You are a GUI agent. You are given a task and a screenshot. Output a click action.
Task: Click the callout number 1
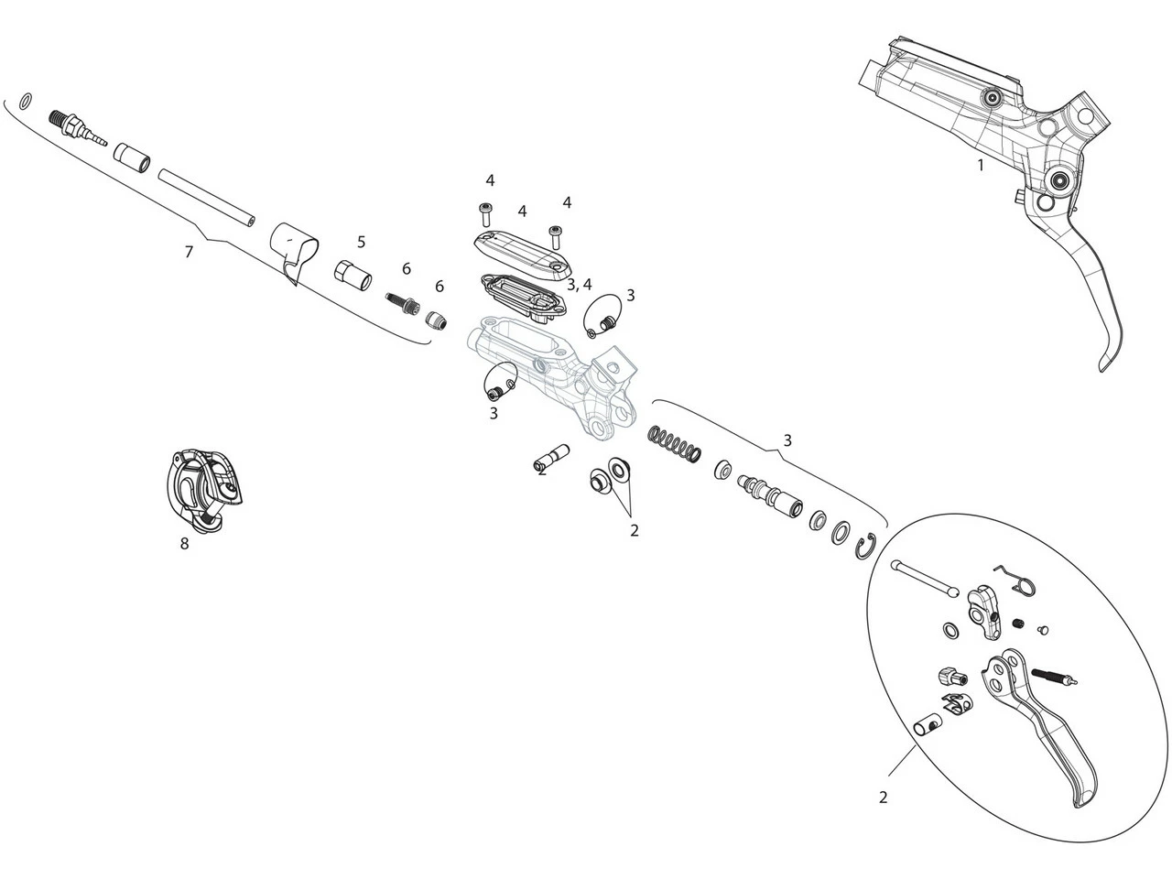981,166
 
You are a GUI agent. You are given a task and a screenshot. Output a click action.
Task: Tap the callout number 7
189,252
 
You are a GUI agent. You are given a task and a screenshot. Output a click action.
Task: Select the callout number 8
184,544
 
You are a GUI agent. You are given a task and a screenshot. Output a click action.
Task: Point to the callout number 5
362,242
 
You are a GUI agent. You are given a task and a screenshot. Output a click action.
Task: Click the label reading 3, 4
579,285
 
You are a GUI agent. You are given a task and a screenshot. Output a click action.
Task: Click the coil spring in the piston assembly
675,443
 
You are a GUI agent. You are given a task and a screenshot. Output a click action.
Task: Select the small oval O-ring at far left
27,98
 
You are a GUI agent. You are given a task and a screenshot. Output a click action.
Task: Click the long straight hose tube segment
207,198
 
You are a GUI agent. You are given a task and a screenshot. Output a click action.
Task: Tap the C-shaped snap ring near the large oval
869,546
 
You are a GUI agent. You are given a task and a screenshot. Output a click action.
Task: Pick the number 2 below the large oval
883,798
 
